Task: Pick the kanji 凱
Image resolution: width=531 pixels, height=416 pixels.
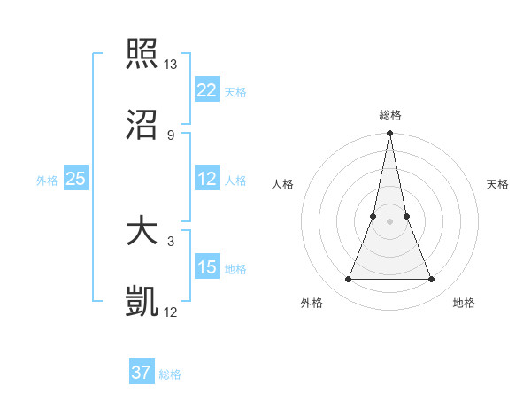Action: coord(142,302)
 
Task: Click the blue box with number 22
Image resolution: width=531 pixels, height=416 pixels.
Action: coord(207,90)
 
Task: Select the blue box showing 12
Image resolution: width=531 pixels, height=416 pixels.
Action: coord(207,179)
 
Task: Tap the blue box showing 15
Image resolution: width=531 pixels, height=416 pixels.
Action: coord(207,267)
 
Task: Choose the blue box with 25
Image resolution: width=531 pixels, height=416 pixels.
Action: coord(75,179)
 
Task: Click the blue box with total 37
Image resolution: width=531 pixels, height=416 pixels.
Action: coord(142,373)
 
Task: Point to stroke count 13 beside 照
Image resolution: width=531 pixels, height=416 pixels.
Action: coord(171,65)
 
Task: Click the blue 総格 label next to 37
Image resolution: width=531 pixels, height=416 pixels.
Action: coord(170,374)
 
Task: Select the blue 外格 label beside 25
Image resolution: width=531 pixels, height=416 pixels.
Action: coord(47,181)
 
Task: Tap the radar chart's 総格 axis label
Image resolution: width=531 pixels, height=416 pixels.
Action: coord(389,115)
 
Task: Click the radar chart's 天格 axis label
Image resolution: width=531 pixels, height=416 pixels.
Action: coord(498,184)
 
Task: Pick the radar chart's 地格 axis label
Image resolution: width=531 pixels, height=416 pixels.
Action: coord(464,303)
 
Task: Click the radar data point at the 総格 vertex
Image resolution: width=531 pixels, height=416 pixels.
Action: coord(389,135)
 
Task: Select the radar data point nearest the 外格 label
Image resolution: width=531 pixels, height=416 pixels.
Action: coord(348,280)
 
